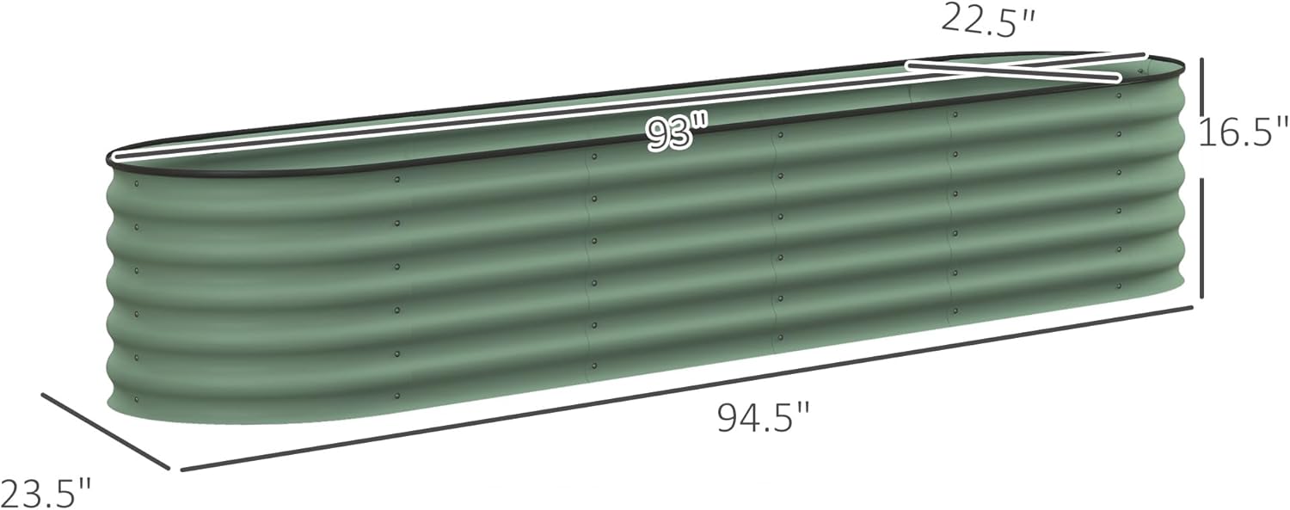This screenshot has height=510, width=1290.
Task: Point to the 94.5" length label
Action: [764, 419]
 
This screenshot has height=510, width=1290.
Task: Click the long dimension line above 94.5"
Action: [688, 387]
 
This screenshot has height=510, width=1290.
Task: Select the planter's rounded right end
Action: [1176, 181]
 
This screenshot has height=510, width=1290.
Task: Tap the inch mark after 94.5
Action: [804, 411]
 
